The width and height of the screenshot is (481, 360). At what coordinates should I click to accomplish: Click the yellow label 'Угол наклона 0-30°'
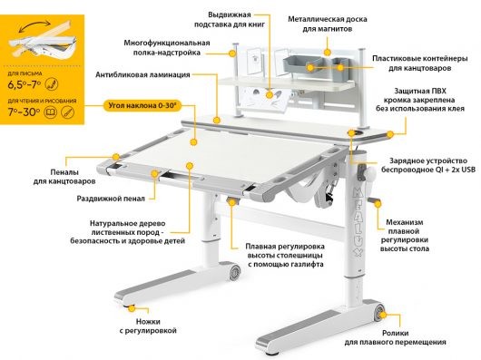[142, 105]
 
